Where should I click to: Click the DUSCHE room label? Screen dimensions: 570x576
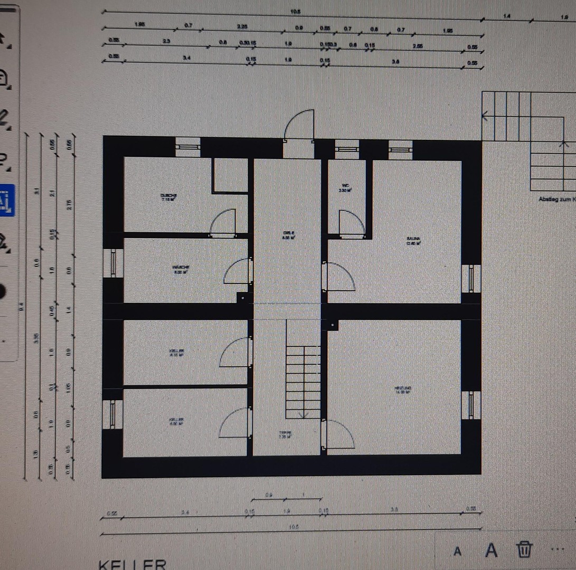(x=168, y=197)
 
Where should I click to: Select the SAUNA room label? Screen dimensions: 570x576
(x=413, y=241)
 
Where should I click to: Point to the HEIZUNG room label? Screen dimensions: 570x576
(x=403, y=390)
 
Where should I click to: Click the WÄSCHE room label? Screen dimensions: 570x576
(x=180, y=270)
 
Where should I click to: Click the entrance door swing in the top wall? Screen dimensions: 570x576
(x=299, y=125)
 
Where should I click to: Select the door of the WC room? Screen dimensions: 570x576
(x=351, y=222)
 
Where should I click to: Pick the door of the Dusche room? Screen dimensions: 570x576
(x=223, y=222)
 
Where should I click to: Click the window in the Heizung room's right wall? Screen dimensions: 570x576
(x=470, y=405)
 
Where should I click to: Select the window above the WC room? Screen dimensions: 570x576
(x=346, y=149)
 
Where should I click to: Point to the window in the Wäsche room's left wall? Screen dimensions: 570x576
(x=113, y=263)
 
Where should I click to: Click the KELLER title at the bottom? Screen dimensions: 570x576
(x=133, y=564)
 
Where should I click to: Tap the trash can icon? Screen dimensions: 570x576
(x=524, y=549)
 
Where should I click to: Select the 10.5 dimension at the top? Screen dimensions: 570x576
(x=295, y=12)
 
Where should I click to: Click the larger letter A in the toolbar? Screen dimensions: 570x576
(x=492, y=550)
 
